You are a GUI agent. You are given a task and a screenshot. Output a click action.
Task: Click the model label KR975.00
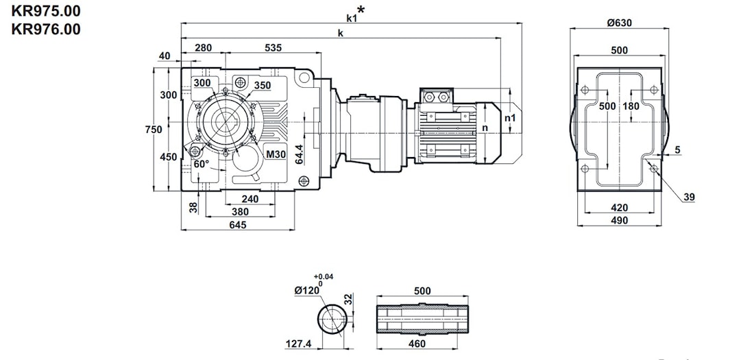[x=41, y=11]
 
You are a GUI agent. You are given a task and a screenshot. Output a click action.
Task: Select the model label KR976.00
[x=41, y=29]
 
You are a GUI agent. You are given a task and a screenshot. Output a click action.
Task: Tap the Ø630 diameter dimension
[x=619, y=23]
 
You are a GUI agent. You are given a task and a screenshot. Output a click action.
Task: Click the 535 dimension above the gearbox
[x=273, y=48]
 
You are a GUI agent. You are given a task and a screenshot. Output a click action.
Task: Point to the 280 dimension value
[x=203, y=48]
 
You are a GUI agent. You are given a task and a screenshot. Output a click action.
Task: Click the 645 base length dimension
[x=238, y=224]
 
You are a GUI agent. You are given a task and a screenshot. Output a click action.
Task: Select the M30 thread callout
[x=276, y=155]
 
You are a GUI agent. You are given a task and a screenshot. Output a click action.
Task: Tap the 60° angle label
[x=201, y=165]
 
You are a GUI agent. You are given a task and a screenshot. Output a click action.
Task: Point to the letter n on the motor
[x=485, y=128]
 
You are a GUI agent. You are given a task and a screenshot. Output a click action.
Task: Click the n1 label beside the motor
[x=509, y=118]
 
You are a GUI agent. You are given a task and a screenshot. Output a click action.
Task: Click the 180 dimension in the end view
[x=631, y=106]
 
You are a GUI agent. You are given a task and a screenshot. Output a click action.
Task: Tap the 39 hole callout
[x=689, y=197]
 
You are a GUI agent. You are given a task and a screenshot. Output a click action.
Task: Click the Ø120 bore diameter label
[x=308, y=290]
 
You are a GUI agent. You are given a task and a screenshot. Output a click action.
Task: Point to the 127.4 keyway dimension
[x=299, y=344]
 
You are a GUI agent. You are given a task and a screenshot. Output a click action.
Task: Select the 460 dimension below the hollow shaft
[x=417, y=344]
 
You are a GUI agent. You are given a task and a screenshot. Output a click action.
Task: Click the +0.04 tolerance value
[x=324, y=276]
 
